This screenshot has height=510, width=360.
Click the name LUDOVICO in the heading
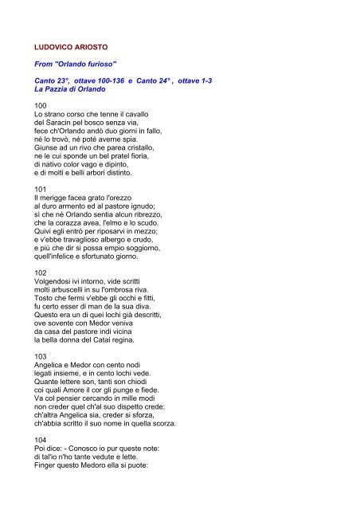tap(53, 48)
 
